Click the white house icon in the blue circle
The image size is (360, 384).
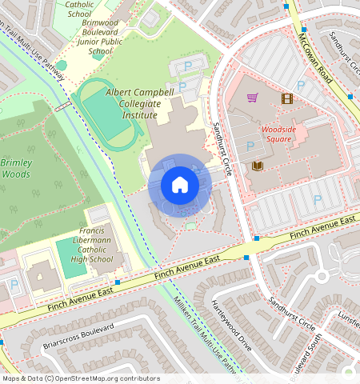(x=180, y=186)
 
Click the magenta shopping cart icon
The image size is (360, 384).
(x=253, y=98)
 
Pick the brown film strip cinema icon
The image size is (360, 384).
(x=286, y=98)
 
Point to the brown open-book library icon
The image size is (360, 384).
(x=258, y=166)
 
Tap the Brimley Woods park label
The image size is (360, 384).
(x=17, y=167)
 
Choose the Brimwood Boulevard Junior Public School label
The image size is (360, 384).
(x=100, y=38)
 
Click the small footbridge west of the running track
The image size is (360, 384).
(x=62, y=107)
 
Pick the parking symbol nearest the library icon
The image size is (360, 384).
(x=250, y=146)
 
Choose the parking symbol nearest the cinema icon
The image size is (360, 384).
(x=301, y=84)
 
